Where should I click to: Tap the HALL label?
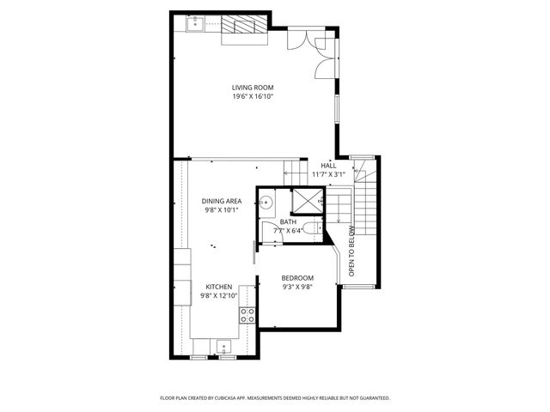[x=327, y=166]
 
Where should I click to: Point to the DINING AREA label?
[x=222, y=201]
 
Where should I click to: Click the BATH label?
[x=287, y=221]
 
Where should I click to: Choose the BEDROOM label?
[x=297, y=278]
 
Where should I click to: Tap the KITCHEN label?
[x=218, y=287]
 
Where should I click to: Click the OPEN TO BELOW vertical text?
[x=351, y=251]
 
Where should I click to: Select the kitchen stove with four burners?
[x=247, y=315]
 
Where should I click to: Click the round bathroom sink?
[x=266, y=203]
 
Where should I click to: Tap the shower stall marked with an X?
[x=306, y=200]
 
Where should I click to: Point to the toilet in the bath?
[x=314, y=229]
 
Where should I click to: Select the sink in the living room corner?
[x=193, y=27]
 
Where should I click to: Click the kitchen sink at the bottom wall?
[x=224, y=348]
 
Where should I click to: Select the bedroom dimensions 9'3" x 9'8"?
[x=297, y=287]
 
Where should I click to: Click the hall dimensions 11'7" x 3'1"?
[x=327, y=174]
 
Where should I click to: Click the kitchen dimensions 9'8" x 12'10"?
[x=218, y=295]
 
